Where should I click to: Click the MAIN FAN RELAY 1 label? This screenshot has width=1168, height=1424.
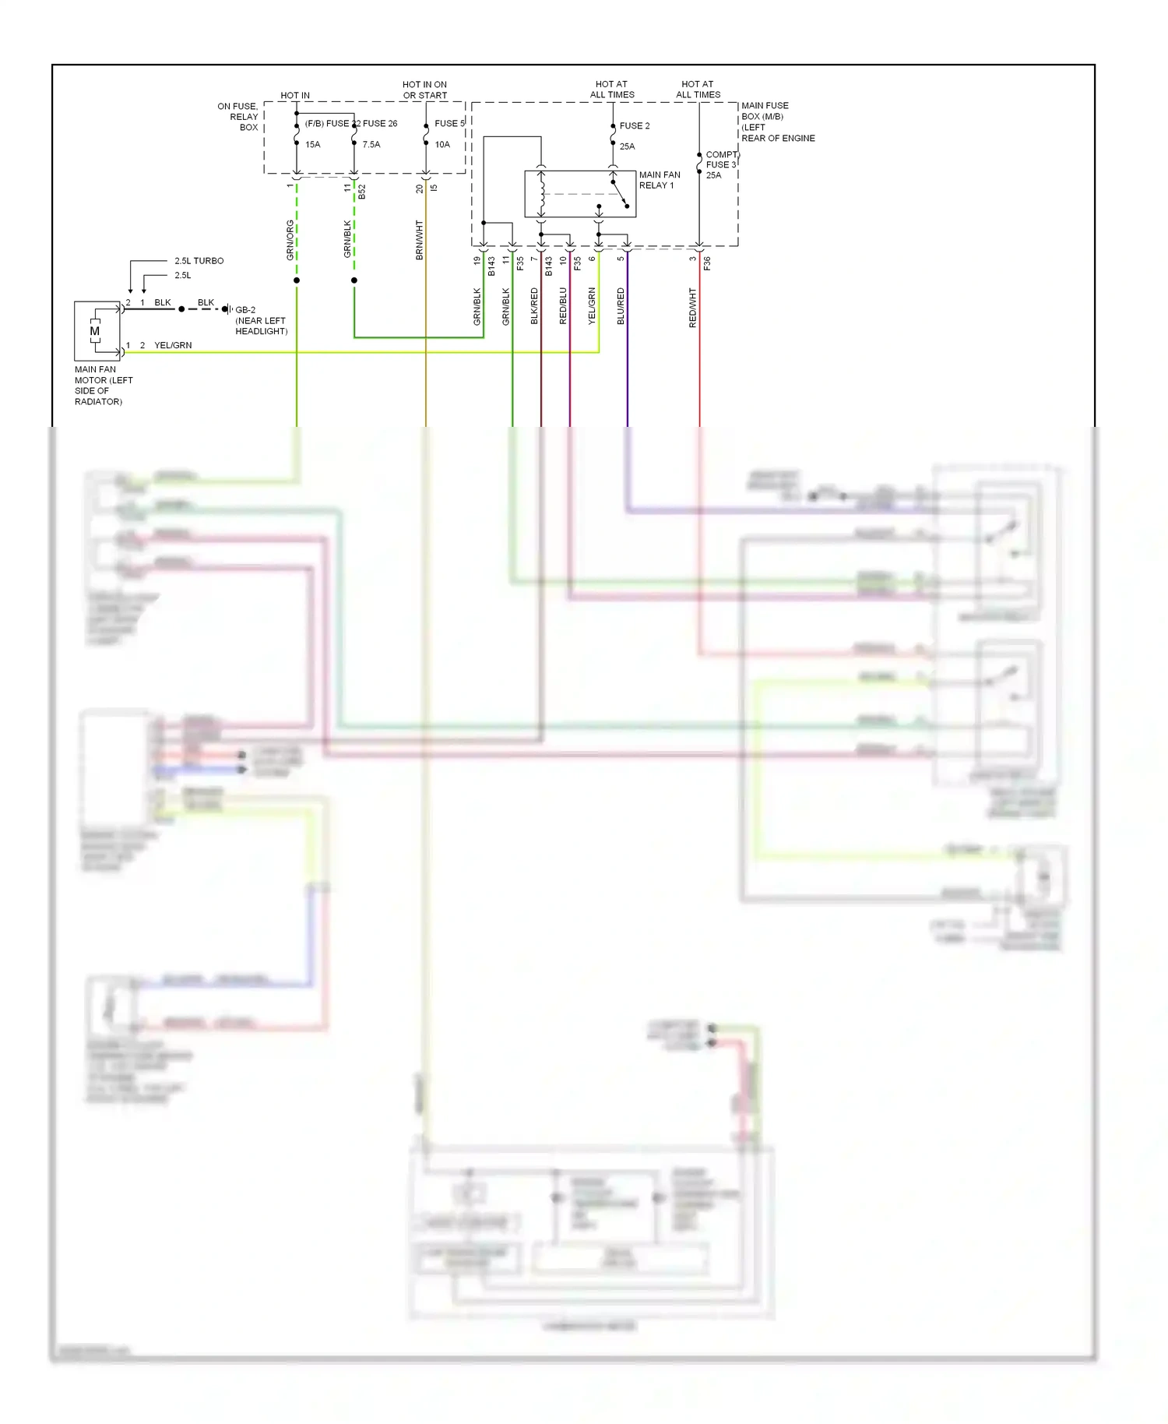(659, 180)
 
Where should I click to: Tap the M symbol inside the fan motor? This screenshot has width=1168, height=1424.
(95, 331)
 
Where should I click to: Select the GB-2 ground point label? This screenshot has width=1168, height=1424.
(245, 309)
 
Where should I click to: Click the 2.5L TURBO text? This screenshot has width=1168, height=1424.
(199, 261)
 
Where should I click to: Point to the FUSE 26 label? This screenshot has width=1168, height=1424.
(379, 123)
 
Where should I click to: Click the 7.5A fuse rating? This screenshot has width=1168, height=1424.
(371, 144)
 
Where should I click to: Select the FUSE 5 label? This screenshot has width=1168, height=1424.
(449, 123)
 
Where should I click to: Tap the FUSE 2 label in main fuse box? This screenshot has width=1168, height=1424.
(634, 125)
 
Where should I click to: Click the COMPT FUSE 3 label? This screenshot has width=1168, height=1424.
(720, 160)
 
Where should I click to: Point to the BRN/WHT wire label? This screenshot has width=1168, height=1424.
(420, 239)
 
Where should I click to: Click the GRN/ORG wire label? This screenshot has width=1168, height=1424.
(290, 239)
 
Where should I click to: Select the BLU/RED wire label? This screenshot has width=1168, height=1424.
(621, 306)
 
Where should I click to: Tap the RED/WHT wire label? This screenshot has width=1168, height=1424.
(692, 307)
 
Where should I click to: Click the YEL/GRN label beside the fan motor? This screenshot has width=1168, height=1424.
(173, 345)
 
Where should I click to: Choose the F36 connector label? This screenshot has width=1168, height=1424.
(707, 264)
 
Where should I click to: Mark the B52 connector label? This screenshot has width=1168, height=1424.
(362, 192)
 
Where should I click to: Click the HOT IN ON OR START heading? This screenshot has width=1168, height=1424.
(424, 90)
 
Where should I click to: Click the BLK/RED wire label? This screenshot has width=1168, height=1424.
(534, 306)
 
